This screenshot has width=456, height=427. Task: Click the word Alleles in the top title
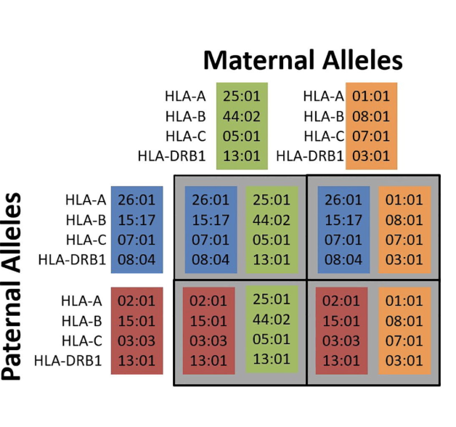point(362,59)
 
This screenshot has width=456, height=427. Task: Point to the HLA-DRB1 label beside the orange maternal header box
point(309,155)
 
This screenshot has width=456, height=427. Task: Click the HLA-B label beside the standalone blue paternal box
point(86,219)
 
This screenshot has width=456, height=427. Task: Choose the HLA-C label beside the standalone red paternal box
point(86,339)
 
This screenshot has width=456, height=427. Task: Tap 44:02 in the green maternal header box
point(242,115)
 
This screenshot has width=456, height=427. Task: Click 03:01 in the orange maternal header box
point(371,155)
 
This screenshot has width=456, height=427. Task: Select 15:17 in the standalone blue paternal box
point(137,219)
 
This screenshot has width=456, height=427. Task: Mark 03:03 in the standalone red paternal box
point(137,339)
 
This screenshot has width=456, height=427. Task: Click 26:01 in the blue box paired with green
point(211,200)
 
